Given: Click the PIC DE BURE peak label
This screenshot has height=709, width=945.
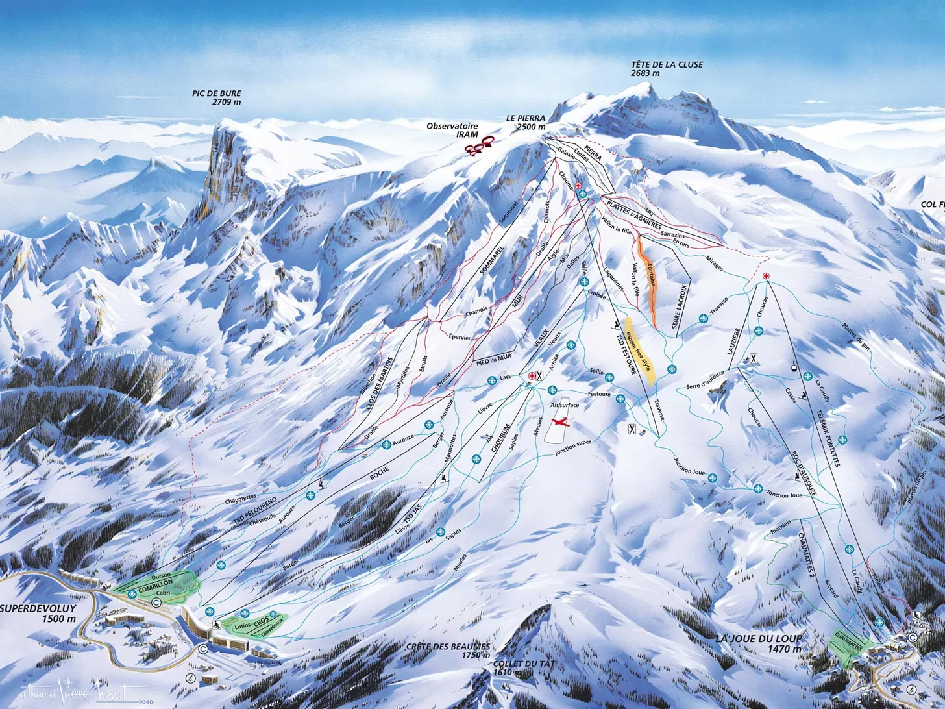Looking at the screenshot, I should click(x=216, y=97).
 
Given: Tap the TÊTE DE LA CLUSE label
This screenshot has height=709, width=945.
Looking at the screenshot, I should click(x=667, y=69).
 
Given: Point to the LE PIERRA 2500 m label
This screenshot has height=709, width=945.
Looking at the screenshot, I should click(x=526, y=123).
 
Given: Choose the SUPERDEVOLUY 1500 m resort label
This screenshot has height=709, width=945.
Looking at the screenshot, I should click(x=38, y=614).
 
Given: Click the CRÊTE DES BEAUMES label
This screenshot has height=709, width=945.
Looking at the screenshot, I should click(x=448, y=651).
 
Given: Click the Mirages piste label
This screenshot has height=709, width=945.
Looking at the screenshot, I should click(x=714, y=263).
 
